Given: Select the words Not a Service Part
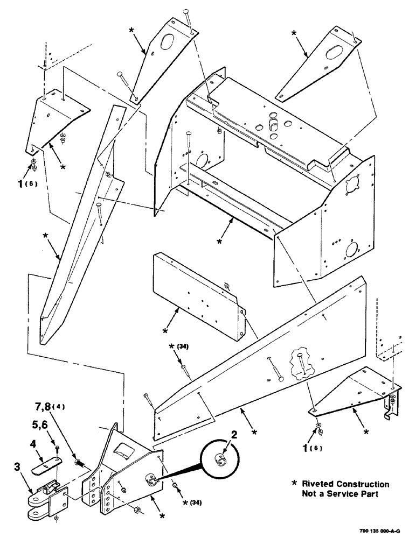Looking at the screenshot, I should [339, 494].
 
